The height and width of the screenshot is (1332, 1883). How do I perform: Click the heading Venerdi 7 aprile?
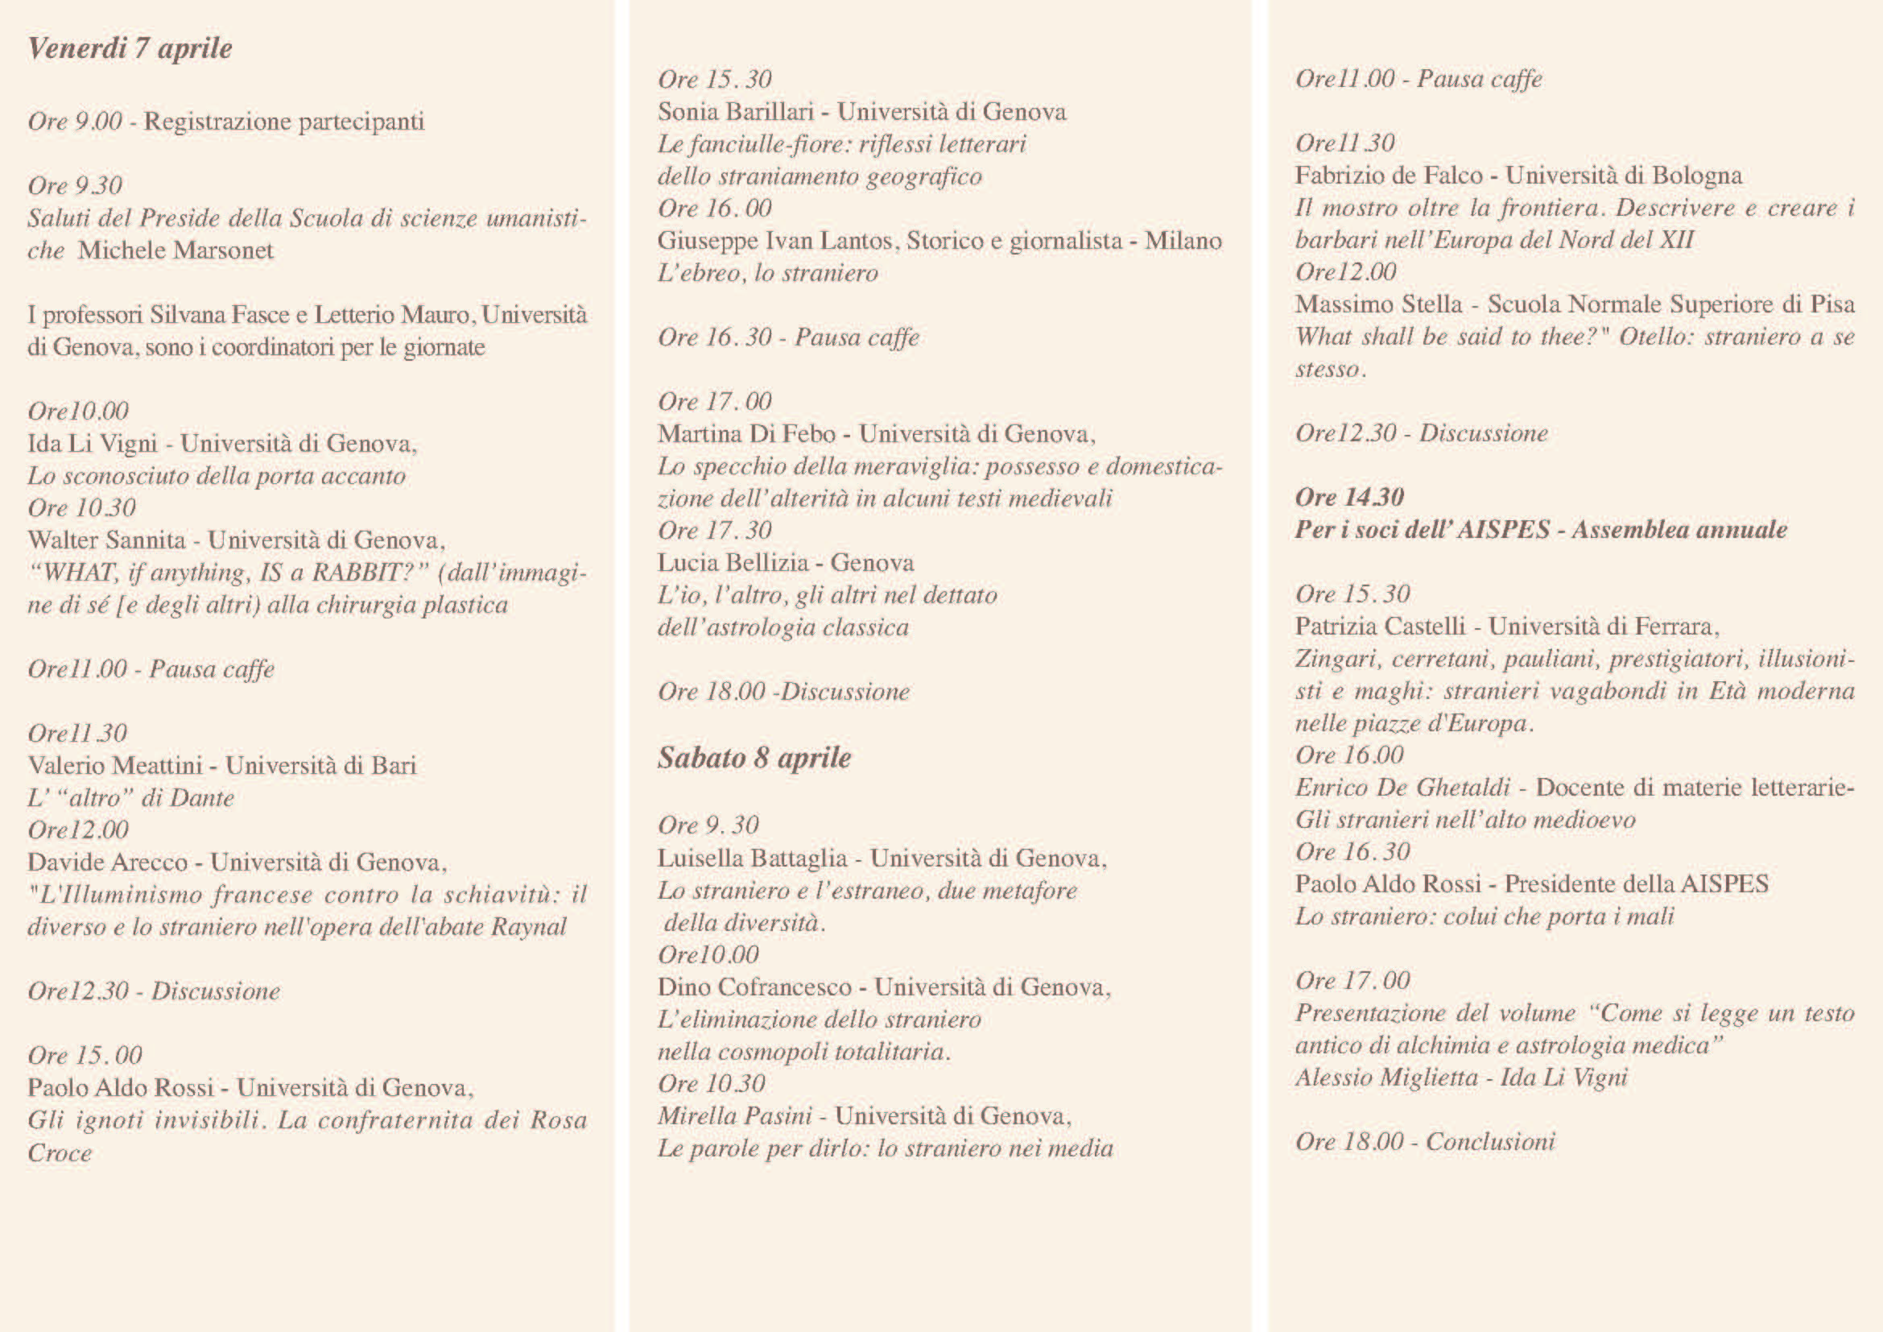(x=130, y=48)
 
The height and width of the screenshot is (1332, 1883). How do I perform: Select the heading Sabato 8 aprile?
(x=754, y=757)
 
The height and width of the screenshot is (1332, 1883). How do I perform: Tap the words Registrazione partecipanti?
(x=283, y=122)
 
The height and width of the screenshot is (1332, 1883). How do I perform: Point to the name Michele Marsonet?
(x=175, y=250)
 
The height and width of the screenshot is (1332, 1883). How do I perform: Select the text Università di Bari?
(x=320, y=765)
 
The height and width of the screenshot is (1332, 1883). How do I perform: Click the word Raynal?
(x=528, y=927)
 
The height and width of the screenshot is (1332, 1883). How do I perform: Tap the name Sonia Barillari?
(x=735, y=112)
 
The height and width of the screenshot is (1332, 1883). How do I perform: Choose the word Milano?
(x=1183, y=240)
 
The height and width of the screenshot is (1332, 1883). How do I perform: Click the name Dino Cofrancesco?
(x=754, y=987)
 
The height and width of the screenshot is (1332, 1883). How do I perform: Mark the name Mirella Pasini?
(x=734, y=1115)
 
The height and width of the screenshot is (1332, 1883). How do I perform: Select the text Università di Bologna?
(x=1623, y=176)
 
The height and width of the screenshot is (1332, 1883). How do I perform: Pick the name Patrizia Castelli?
(x=1380, y=627)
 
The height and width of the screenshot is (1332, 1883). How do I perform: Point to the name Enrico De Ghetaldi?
(x=1402, y=788)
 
